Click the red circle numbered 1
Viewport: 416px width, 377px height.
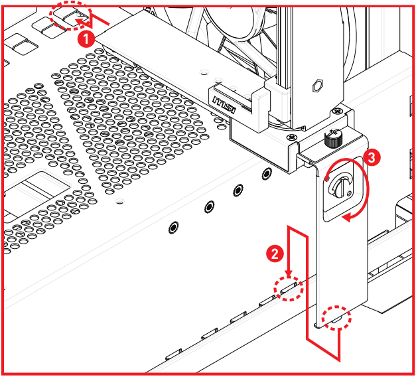pyautogui.click(x=84, y=38)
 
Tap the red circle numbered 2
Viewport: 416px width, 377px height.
pyautogui.click(x=271, y=253)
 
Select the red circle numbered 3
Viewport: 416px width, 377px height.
pyautogui.click(x=373, y=157)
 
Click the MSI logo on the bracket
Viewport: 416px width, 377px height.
pyautogui.click(x=224, y=103)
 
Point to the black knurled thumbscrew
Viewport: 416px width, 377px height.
pyautogui.click(x=332, y=139)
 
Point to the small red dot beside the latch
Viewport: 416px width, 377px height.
pyautogui.click(x=328, y=177)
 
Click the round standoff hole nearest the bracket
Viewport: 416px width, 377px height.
pyautogui.click(x=267, y=174)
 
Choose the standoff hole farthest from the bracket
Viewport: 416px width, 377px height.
pyautogui.click(x=173, y=227)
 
